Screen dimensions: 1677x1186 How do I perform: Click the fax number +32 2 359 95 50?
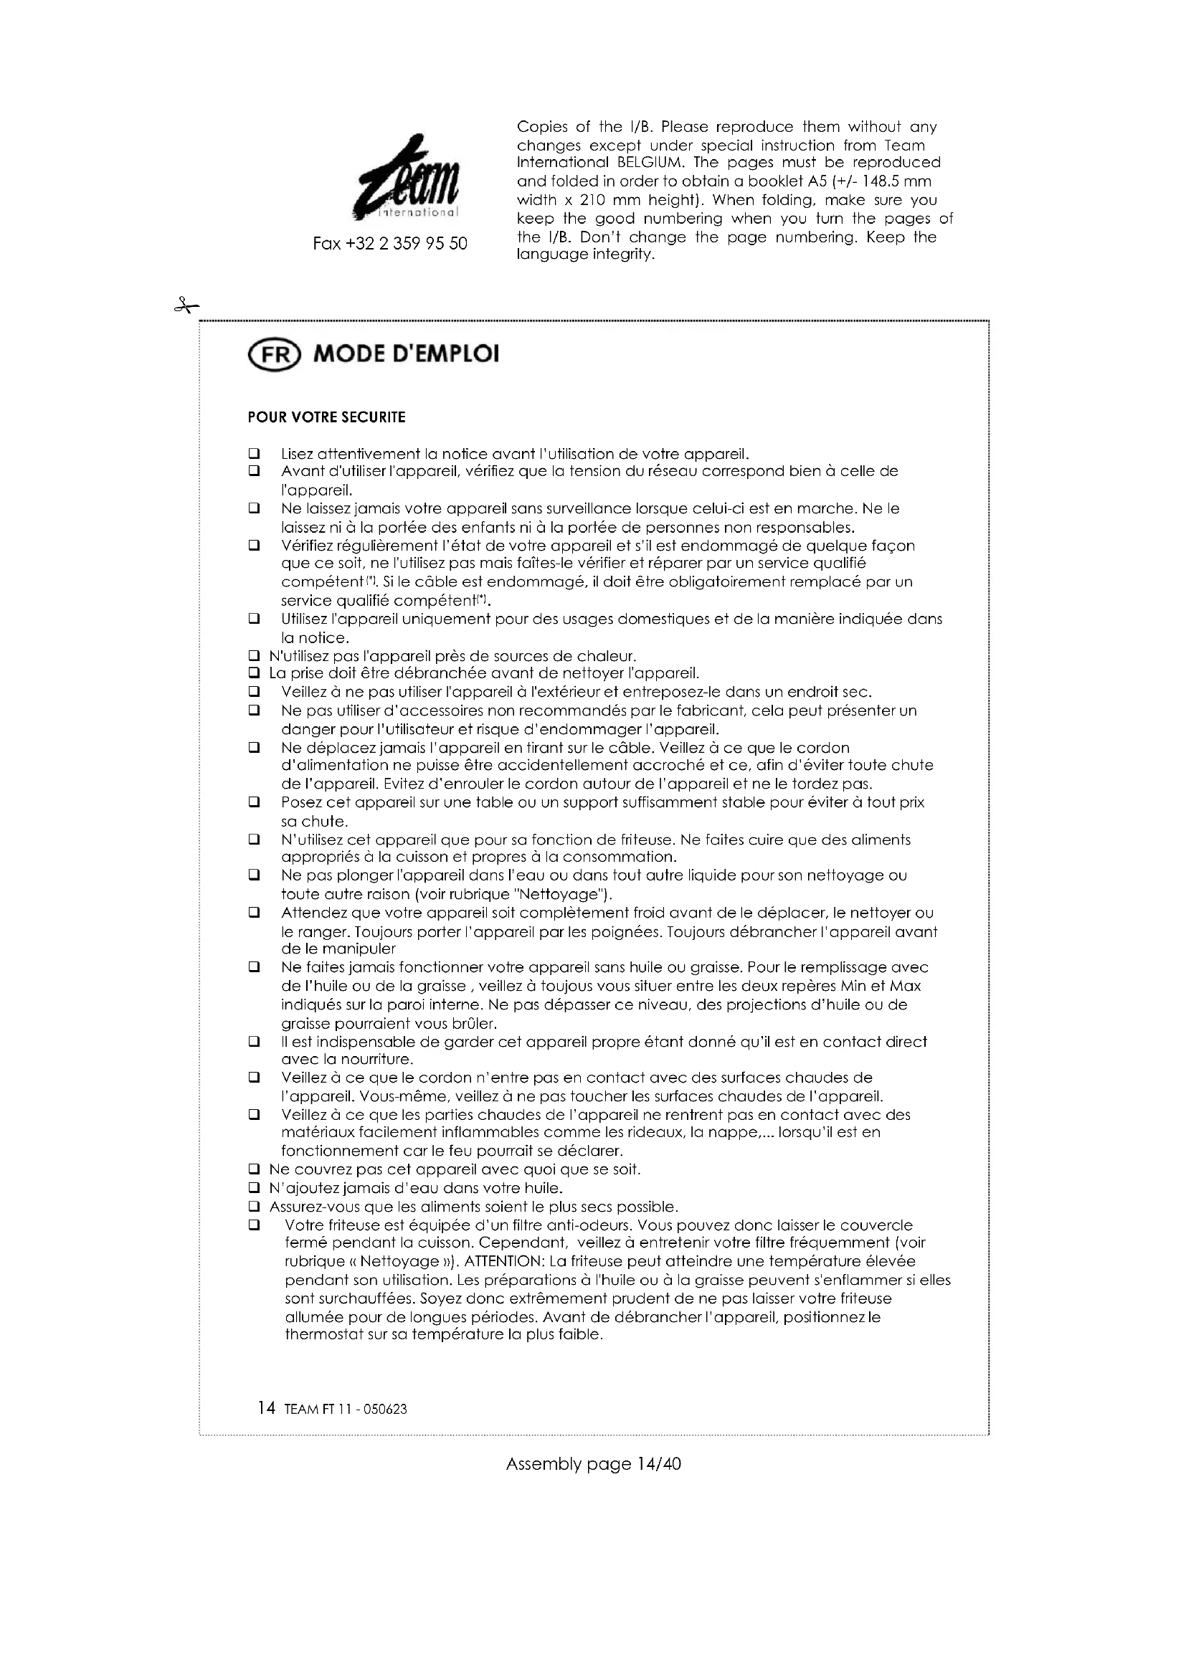390,244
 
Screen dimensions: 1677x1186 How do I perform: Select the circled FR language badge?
274,355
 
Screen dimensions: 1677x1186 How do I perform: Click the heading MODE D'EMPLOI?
406,354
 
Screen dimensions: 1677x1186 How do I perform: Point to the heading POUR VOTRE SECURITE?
326,418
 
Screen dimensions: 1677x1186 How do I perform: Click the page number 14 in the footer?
267,1408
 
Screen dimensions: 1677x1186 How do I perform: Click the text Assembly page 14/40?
593,1464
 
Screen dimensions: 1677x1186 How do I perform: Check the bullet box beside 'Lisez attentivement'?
254,454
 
